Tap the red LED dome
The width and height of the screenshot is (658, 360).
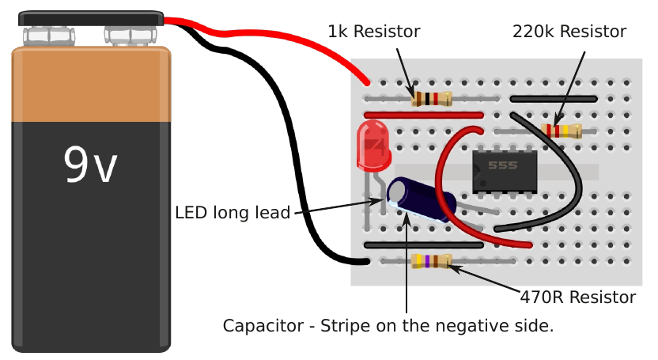click(x=372, y=146)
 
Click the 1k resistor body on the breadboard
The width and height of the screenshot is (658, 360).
click(x=432, y=99)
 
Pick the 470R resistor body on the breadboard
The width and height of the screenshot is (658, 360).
click(x=432, y=260)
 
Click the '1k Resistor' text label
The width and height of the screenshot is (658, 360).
click(x=374, y=32)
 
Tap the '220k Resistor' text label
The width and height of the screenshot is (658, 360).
click(x=569, y=32)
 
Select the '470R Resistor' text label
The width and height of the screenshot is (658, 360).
click(x=578, y=297)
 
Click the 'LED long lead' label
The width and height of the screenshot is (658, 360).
click(x=233, y=212)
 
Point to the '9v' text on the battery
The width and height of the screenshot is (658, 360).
click(x=90, y=165)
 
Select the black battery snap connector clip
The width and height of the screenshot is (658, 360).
click(x=91, y=18)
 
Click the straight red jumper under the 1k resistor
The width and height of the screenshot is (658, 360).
click(x=424, y=115)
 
